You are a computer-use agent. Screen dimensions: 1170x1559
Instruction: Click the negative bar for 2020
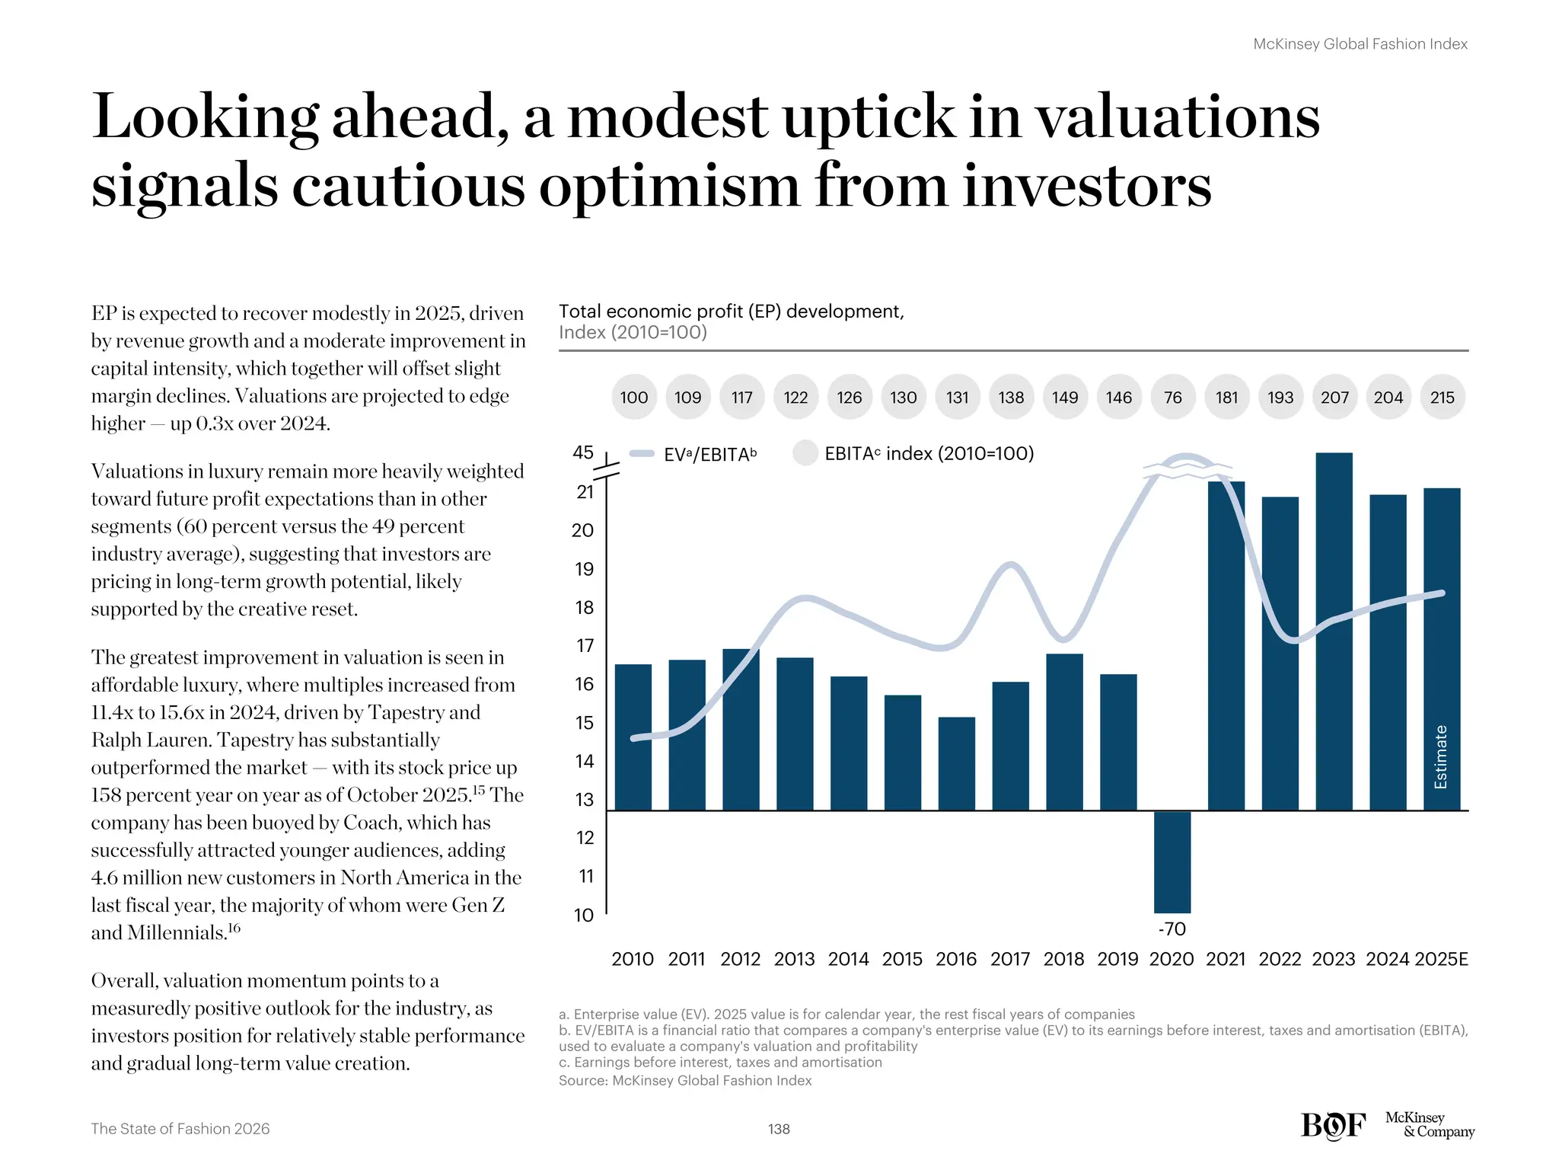(x=1172, y=862)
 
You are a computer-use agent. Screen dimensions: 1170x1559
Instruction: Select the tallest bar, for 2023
(x=1334, y=632)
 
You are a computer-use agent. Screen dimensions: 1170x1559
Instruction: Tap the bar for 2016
(x=956, y=763)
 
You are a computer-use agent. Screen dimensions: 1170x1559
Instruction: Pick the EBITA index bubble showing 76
(x=1172, y=397)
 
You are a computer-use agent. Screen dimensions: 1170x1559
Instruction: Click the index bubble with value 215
(x=1442, y=397)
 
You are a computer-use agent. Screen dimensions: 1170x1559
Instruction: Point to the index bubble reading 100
(x=633, y=397)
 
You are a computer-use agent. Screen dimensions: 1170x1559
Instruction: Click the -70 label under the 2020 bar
(x=1172, y=929)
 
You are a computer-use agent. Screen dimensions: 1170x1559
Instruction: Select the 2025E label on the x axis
(x=1440, y=959)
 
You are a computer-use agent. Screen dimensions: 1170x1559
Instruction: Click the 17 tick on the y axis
(x=584, y=646)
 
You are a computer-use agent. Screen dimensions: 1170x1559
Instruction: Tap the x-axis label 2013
(x=794, y=959)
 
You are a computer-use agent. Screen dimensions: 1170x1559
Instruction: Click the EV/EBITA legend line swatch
(x=642, y=454)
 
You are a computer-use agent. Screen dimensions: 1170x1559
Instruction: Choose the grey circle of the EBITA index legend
(x=805, y=452)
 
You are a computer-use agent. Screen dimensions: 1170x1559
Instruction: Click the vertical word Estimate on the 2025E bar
(x=1440, y=756)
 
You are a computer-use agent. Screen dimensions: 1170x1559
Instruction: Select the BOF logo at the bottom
(x=1333, y=1125)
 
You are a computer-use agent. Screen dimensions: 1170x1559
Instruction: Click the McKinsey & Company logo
(x=1429, y=1124)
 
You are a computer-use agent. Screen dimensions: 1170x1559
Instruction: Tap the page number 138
(x=779, y=1129)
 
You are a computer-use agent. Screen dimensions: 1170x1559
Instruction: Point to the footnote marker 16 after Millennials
(x=234, y=927)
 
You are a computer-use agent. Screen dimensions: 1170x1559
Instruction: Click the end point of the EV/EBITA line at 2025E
(x=1441, y=593)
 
